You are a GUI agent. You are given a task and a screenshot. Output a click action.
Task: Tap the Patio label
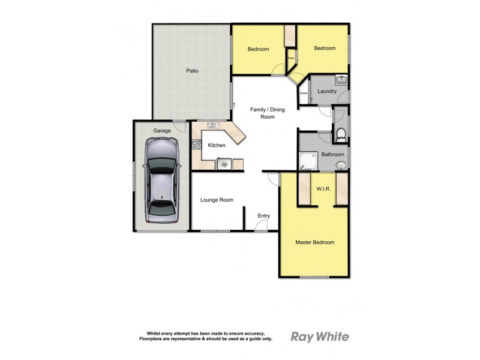(192, 71)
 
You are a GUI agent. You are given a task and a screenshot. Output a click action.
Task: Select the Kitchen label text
(217, 145)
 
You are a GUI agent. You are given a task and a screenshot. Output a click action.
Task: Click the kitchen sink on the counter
(212, 125)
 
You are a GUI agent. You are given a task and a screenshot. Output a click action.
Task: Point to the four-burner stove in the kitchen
(196, 144)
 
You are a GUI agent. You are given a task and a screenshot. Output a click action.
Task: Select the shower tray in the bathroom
(308, 161)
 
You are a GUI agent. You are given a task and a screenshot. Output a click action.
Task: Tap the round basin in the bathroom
(341, 165)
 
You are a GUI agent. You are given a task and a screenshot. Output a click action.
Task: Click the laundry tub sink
(340, 79)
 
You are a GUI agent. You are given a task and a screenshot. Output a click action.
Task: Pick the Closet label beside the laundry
(303, 93)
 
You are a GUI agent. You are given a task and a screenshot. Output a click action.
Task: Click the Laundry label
(327, 91)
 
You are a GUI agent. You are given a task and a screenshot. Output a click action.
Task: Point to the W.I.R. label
(323, 190)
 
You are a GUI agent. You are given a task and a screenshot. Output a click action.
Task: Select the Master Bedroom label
(314, 242)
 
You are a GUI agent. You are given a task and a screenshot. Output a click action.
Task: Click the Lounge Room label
(217, 200)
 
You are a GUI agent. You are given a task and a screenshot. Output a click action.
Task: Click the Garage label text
(162, 130)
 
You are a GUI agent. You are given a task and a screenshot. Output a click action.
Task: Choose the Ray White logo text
(319, 337)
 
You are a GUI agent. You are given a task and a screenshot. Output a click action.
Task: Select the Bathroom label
(332, 154)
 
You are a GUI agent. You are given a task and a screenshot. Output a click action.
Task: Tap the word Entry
(264, 216)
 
